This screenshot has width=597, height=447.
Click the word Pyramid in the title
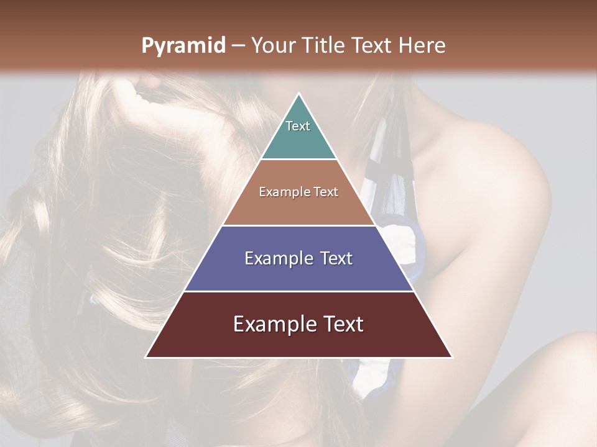tap(183, 46)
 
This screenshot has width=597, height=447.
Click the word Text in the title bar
tap(373, 46)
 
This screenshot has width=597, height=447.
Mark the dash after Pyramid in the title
tap(238, 46)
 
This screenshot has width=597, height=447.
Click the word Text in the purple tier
tap(336, 258)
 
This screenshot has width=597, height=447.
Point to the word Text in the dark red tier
tap(343, 324)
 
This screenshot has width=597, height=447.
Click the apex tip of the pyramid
tap(298, 95)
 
